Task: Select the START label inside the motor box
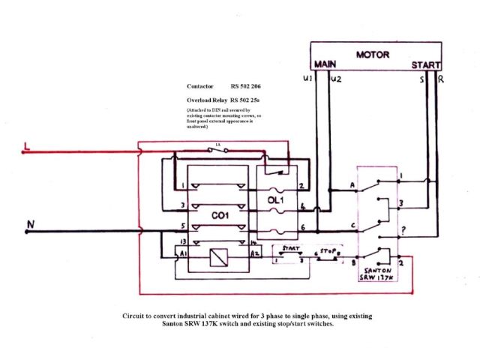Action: (425, 66)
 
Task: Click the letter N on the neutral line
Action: (29, 223)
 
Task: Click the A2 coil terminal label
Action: (255, 254)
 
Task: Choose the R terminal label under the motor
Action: (439, 78)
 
